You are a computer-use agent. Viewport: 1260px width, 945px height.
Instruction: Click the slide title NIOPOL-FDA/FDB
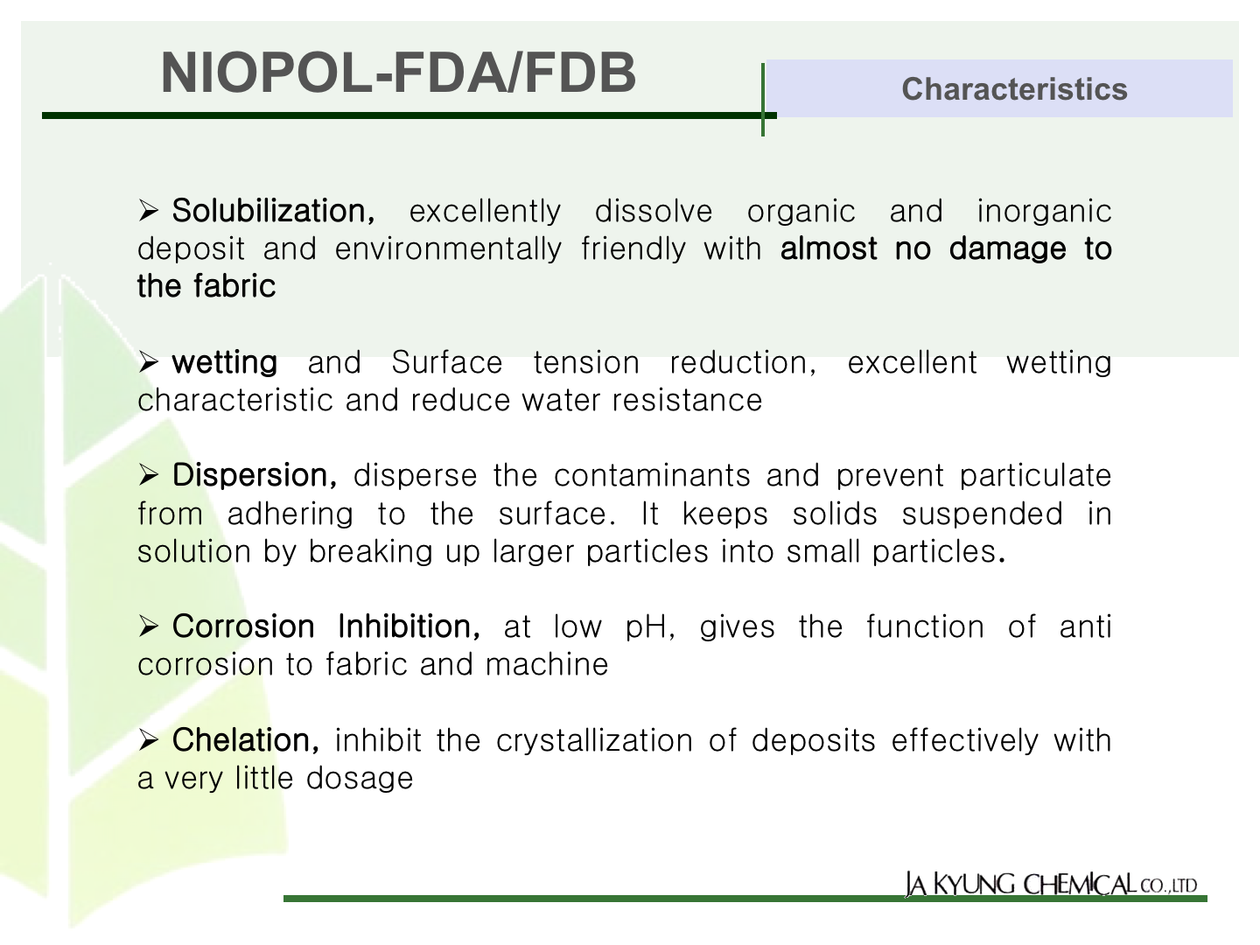coord(398,73)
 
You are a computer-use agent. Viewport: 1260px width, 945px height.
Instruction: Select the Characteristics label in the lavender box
coord(1014,89)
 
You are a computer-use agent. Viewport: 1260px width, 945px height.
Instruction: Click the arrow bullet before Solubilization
coord(148,211)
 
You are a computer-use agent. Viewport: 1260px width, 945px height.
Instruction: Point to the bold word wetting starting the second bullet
coord(225,363)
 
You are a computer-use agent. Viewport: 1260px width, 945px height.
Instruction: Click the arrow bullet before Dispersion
coord(148,475)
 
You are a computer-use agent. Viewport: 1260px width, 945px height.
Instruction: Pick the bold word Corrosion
coord(243,626)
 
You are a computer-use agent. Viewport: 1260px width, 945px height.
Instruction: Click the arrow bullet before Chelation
coord(148,740)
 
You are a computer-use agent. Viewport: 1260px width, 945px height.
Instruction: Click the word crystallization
coord(595,741)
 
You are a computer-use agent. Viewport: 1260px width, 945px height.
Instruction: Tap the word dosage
coord(360,779)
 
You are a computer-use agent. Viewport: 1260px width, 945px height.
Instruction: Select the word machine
coord(547,665)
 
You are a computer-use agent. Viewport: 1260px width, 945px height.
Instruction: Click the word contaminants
coord(652,476)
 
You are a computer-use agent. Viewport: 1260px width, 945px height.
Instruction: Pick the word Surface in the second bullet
coord(446,362)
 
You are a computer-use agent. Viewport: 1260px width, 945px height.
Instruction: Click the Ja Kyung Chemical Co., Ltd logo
coord(1051,884)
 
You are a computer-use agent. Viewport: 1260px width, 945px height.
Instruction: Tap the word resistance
coord(687,401)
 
